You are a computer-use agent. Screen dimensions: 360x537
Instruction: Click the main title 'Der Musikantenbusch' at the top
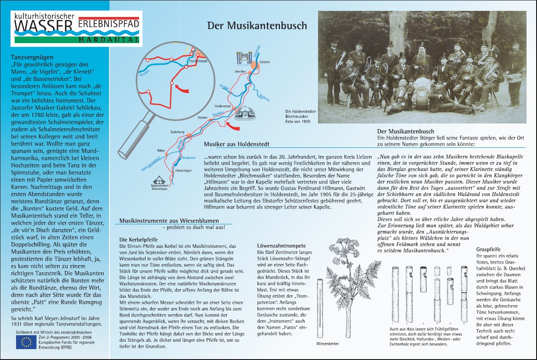pyautogui.click(x=257, y=26)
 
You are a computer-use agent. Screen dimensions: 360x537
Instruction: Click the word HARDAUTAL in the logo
pyautogui.click(x=110, y=40)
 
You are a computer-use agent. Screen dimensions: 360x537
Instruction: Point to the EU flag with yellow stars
pyautogui.click(x=26, y=342)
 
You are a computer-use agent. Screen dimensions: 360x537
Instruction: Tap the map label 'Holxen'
pyautogui.click(x=203, y=118)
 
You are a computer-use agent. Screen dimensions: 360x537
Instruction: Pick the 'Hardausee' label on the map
pyautogui.click(x=187, y=158)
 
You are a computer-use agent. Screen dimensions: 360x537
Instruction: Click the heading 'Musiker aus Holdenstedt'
pyautogui.click(x=236, y=144)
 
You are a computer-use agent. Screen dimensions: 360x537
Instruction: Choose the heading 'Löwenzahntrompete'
pyautogui.click(x=278, y=246)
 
